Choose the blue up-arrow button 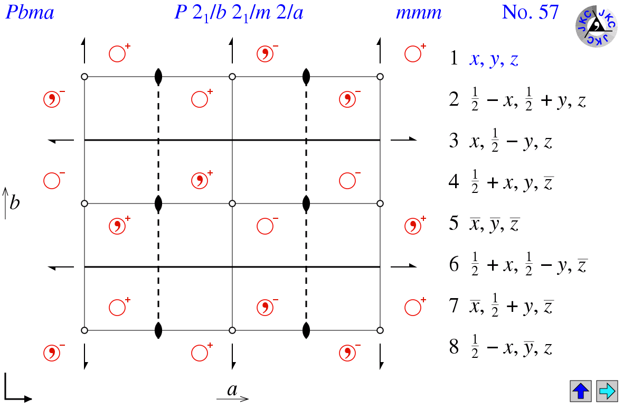pos(581,391)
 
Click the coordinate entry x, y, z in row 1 pos(494,59)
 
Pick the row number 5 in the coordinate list pos(454,224)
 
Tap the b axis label pos(14,203)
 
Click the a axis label pos(232,390)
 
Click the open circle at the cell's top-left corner pos(84,77)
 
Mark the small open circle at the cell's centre pos(232,203)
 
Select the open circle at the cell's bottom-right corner pos(380,330)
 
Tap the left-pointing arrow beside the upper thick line pos(61,140)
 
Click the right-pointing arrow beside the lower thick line pos(404,267)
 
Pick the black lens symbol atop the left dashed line pos(158,77)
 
